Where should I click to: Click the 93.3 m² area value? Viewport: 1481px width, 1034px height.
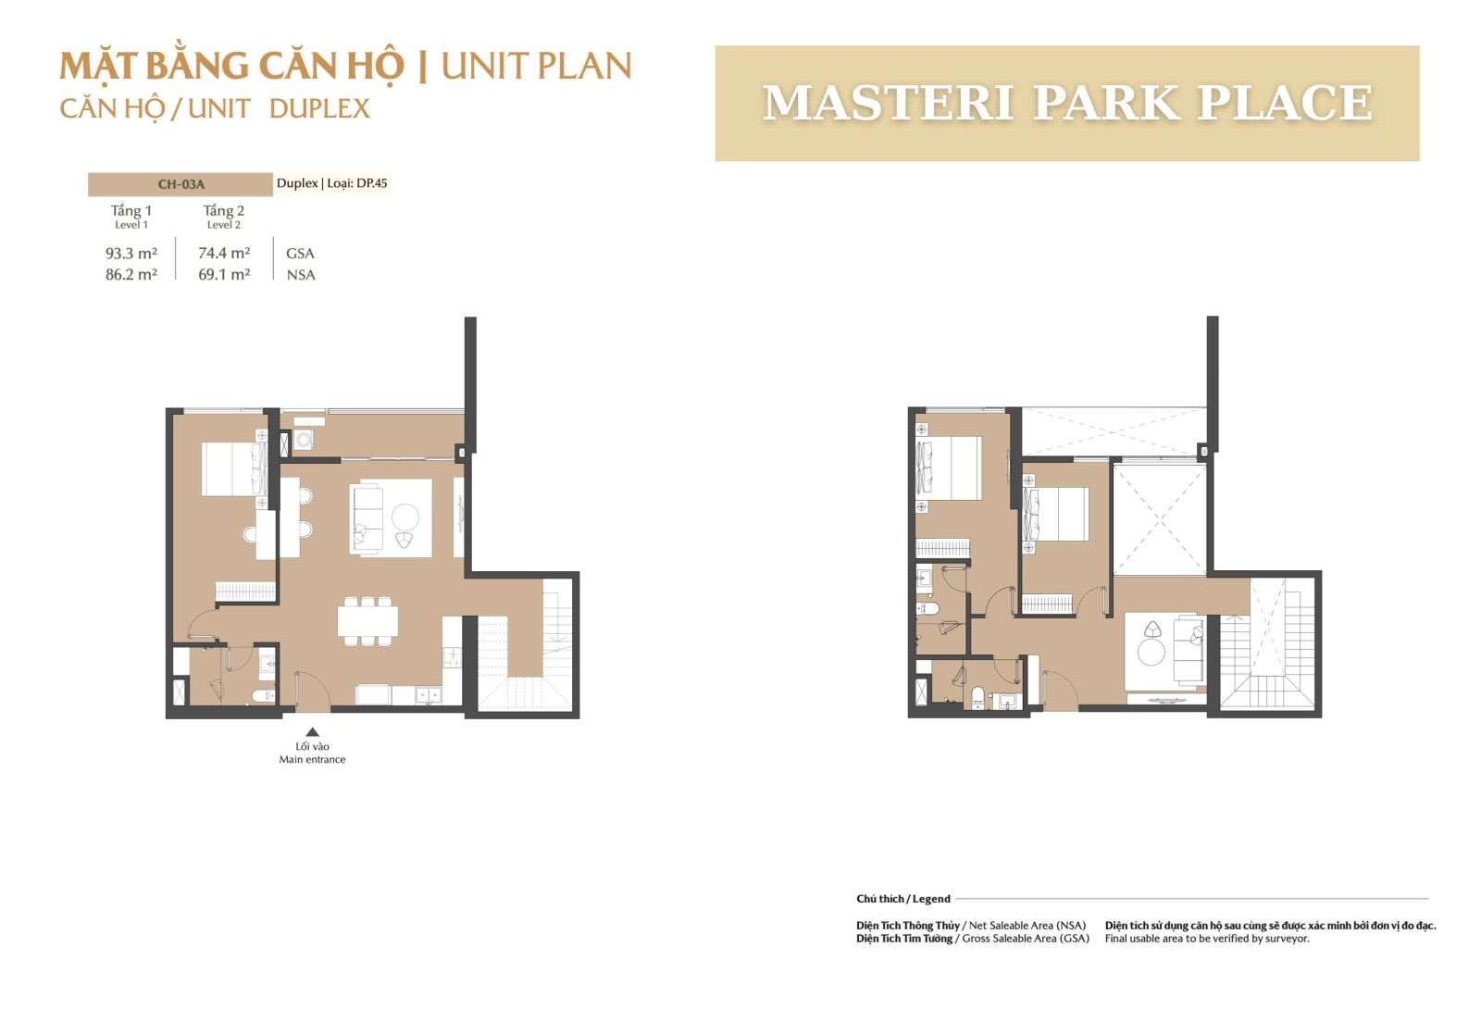[x=131, y=254]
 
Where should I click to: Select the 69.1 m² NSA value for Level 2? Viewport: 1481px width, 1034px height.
[x=224, y=274]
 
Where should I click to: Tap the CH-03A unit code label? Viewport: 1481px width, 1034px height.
[x=180, y=184]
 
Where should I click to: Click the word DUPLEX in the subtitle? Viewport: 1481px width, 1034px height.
[x=319, y=108]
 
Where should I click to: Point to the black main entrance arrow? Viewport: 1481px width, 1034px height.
[x=312, y=731]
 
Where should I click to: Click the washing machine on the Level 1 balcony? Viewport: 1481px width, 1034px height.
[x=304, y=439]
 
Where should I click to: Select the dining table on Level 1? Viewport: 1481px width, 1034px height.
[x=367, y=621]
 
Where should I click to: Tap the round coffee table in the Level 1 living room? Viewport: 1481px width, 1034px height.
[x=404, y=517]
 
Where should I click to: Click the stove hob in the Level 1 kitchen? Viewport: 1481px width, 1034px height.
[x=452, y=654]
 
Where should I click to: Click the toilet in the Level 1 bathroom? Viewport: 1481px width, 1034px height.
[x=263, y=694]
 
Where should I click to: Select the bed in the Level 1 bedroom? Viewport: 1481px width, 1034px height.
[x=235, y=468]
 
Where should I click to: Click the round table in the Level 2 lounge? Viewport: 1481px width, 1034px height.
[x=1151, y=653]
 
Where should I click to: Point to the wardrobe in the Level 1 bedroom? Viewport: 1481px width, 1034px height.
[x=246, y=591]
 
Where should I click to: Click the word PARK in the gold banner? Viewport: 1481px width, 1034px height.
[x=1105, y=103]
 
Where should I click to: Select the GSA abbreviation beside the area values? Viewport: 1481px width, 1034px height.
[x=300, y=254]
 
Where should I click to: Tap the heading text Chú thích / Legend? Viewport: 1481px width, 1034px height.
[x=903, y=899]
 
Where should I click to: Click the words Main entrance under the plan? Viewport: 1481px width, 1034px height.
[x=312, y=759]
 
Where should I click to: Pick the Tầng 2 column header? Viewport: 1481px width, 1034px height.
[x=223, y=211]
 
